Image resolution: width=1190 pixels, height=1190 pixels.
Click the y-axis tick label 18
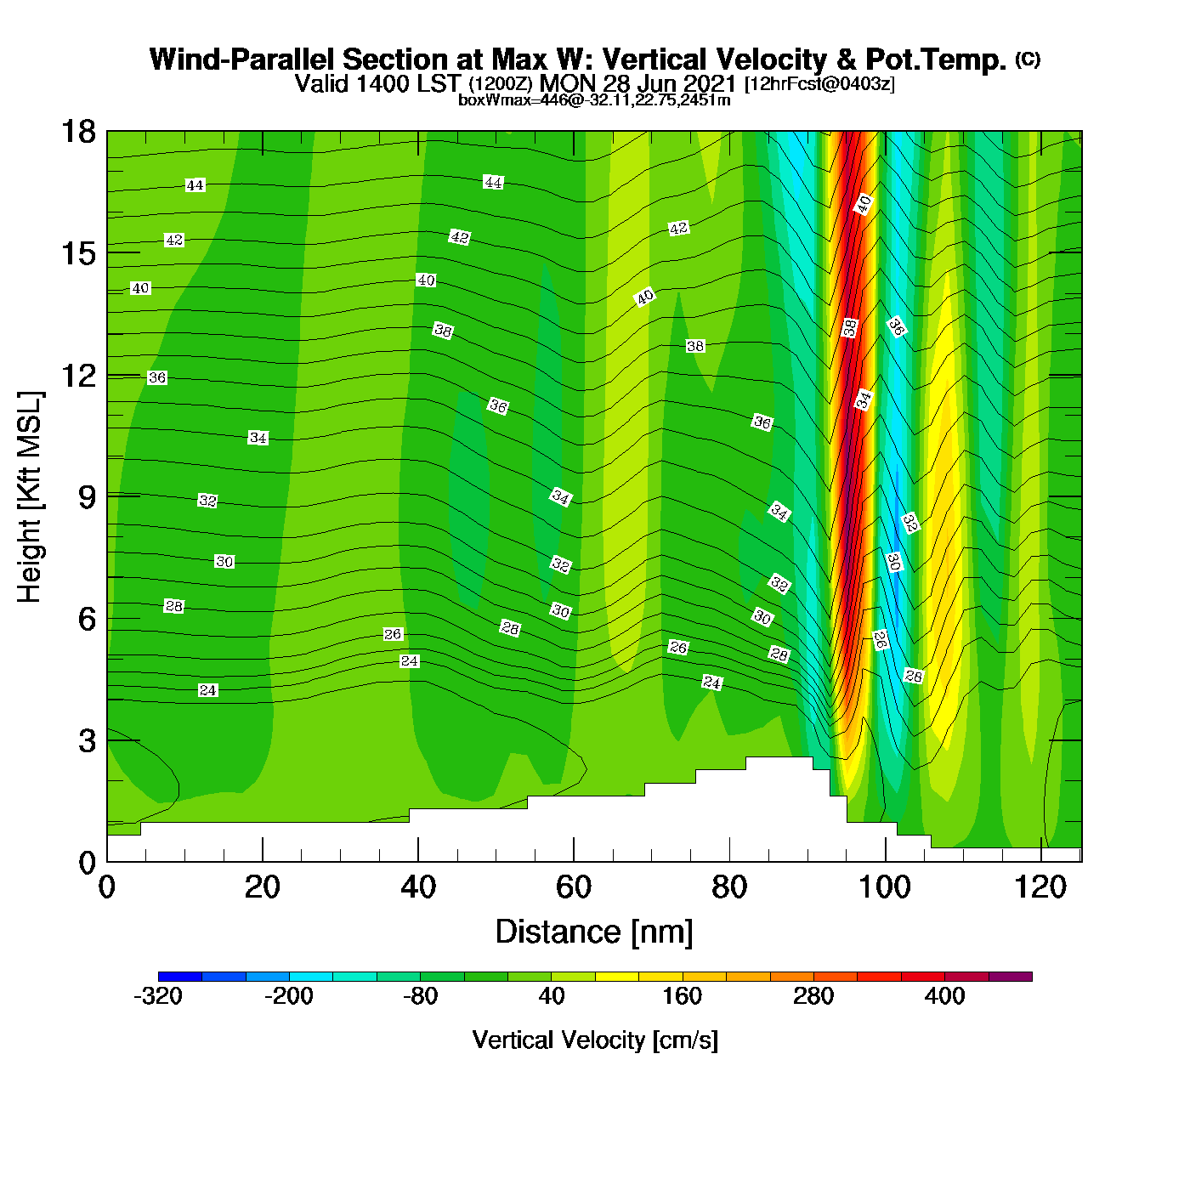click(77, 132)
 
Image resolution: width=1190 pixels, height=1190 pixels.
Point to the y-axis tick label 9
click(87, 497)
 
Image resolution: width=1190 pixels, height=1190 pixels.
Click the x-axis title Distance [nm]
click(594, 932)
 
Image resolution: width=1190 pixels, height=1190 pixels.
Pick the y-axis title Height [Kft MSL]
click(30, 497)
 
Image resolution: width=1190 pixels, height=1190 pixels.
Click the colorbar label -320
click(158, 996)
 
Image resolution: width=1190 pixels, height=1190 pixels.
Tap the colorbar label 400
click(944, 996)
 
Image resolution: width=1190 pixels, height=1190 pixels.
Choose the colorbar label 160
click(683, 996)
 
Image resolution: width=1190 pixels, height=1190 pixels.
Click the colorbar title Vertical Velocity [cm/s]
click(595, 1040)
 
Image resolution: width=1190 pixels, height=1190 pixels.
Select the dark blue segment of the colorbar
click(180, 977)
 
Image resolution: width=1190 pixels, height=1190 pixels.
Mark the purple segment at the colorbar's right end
click(1011, 977)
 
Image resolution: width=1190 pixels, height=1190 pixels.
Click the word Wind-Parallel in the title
click(243, 59)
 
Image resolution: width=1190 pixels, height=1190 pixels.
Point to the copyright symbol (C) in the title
click(1028, 59)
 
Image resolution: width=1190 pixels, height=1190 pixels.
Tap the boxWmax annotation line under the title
click(594, 100)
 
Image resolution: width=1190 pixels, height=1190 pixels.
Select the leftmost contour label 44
click(195, 185)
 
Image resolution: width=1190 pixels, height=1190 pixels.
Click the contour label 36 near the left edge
click(157, 377)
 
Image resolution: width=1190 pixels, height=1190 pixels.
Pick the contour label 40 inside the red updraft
click(864, 204)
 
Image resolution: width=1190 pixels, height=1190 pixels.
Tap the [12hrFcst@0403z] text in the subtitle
click(819, 84)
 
